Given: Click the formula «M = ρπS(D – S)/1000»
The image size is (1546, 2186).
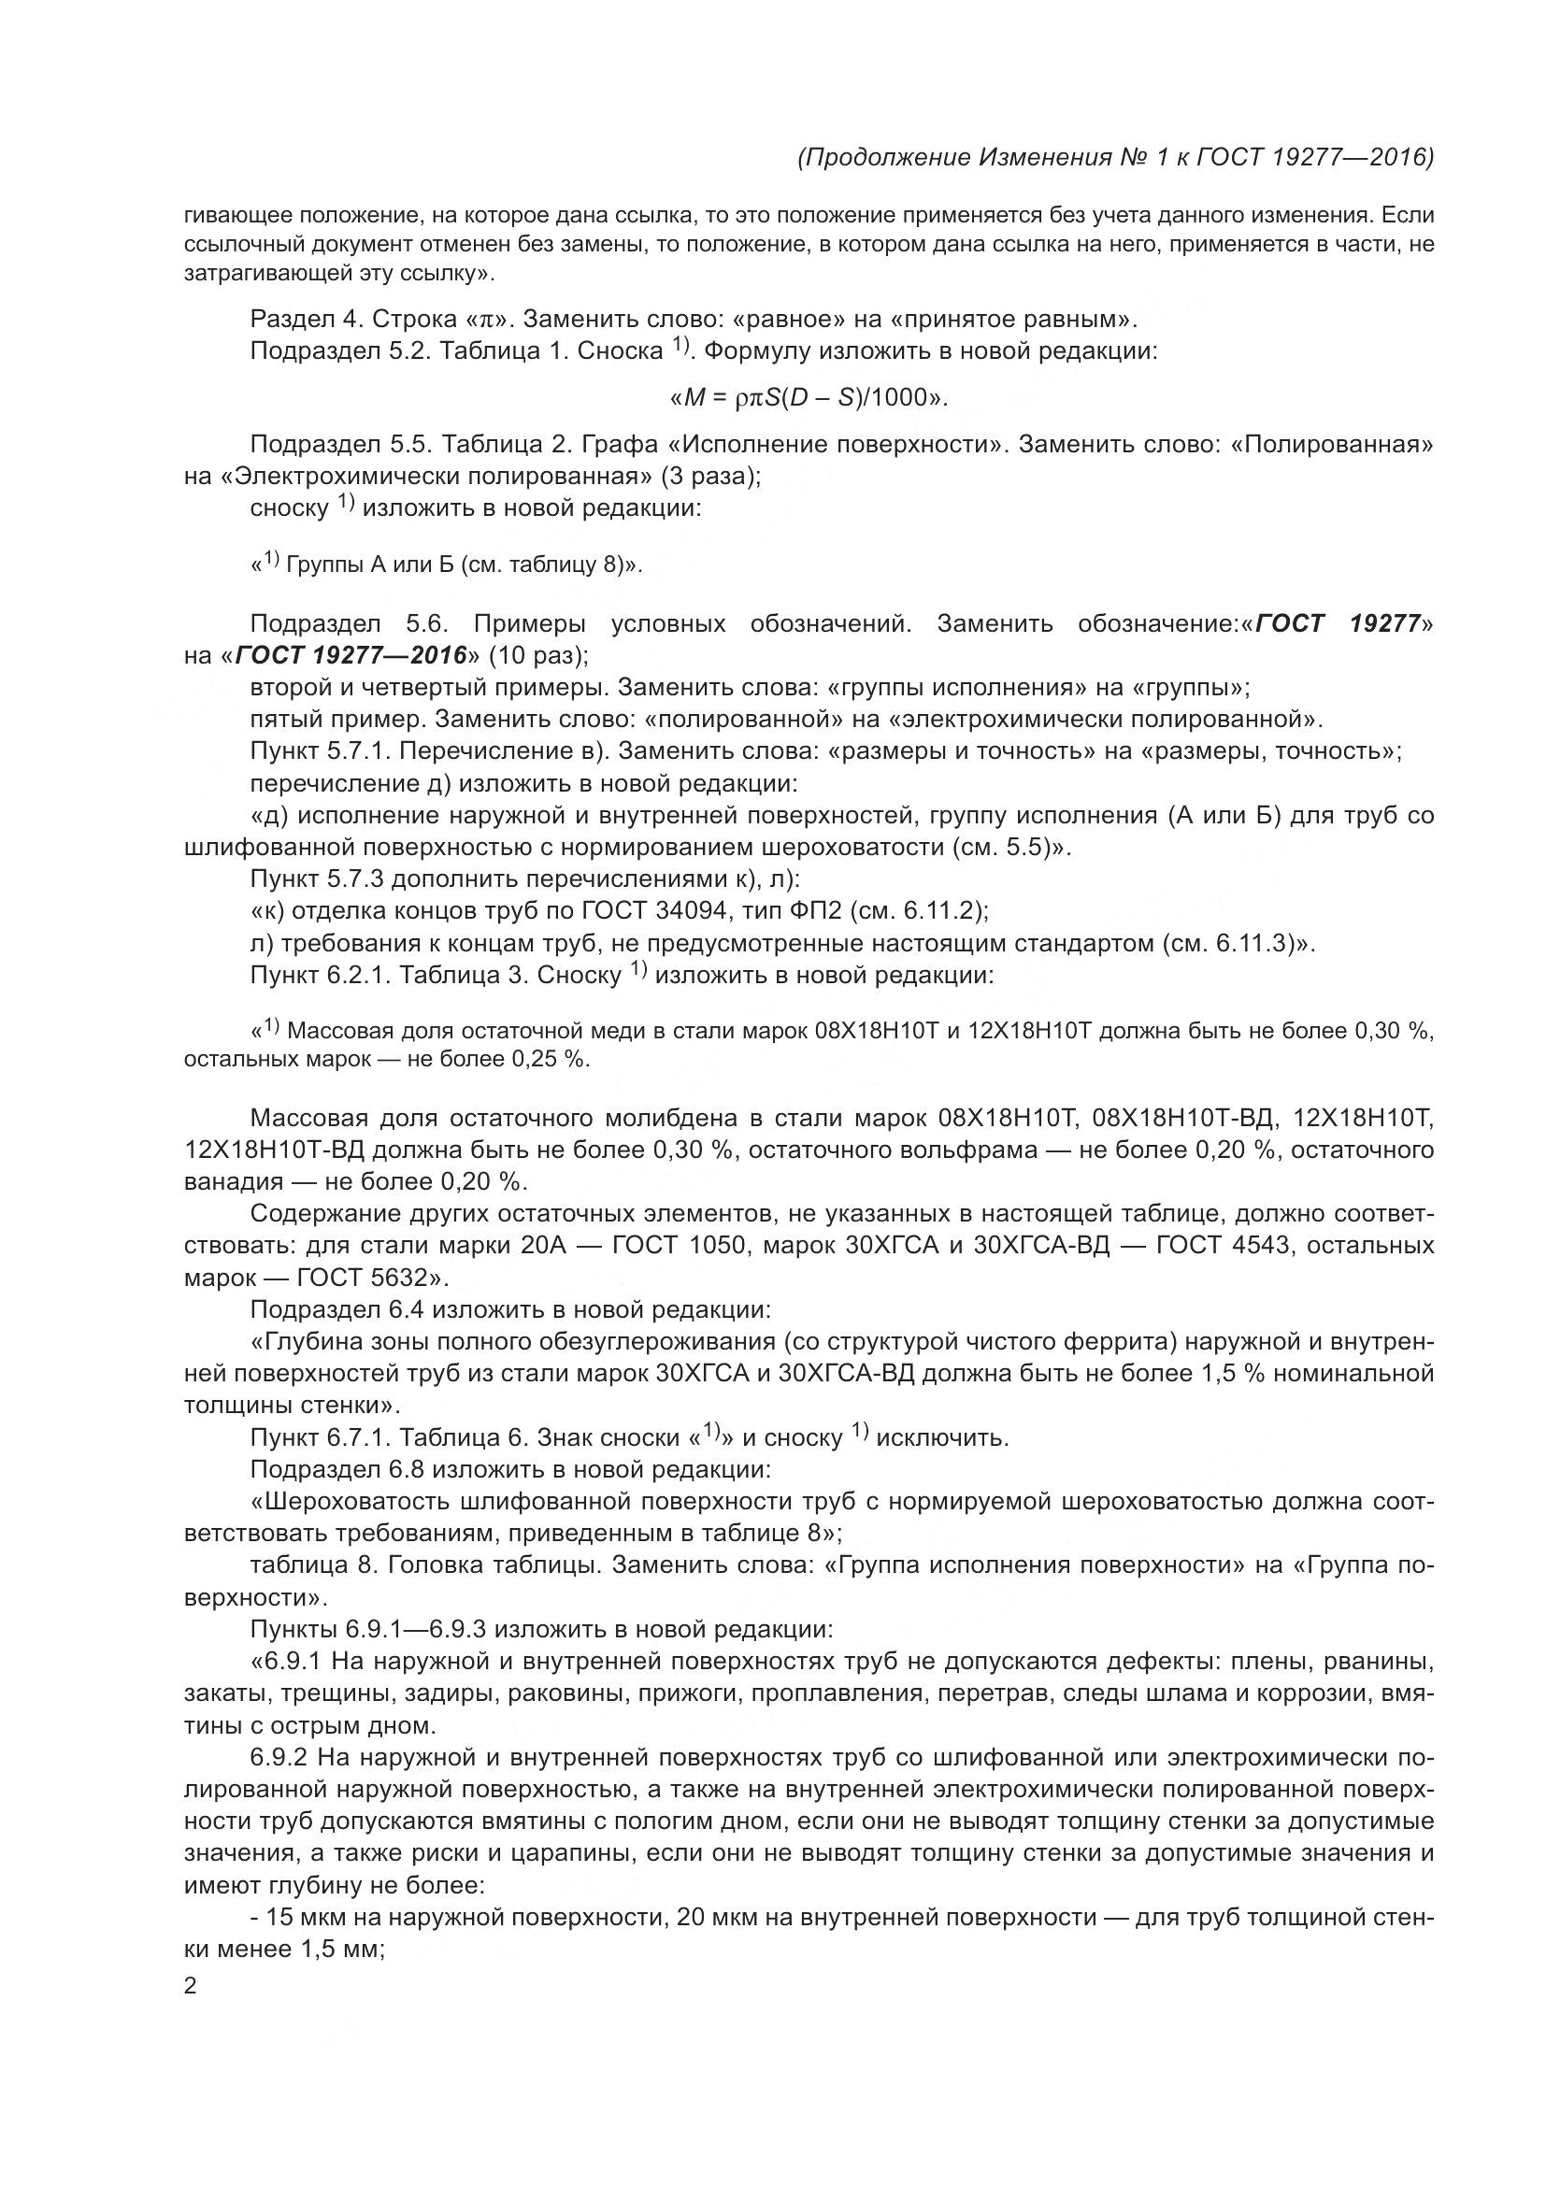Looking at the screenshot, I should coord(809,397).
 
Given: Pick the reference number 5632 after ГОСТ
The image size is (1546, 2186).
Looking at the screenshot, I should coord(390,1277).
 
